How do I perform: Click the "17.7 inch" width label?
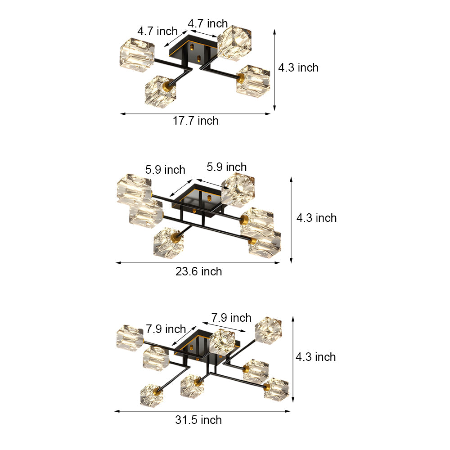click(196, 121)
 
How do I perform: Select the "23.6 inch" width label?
click(198, 271)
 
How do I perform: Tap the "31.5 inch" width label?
click(198, 420)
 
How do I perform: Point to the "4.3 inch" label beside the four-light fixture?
click(298, 67)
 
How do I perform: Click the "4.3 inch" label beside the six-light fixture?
click(316, 218)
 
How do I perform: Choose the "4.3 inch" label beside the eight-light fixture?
click(315, 357)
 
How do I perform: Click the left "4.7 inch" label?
click(157, 31)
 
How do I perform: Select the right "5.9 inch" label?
click(227, 167)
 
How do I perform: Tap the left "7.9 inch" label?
click(166, 329)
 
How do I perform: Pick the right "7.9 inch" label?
click(231, 318)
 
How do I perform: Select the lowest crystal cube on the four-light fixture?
click(160, 90)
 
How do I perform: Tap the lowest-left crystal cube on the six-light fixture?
click(168, 243)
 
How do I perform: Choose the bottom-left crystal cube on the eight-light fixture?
click(151, 395)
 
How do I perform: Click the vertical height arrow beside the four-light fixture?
click(274, 70)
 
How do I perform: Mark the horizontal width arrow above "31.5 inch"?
click(202, 411)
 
